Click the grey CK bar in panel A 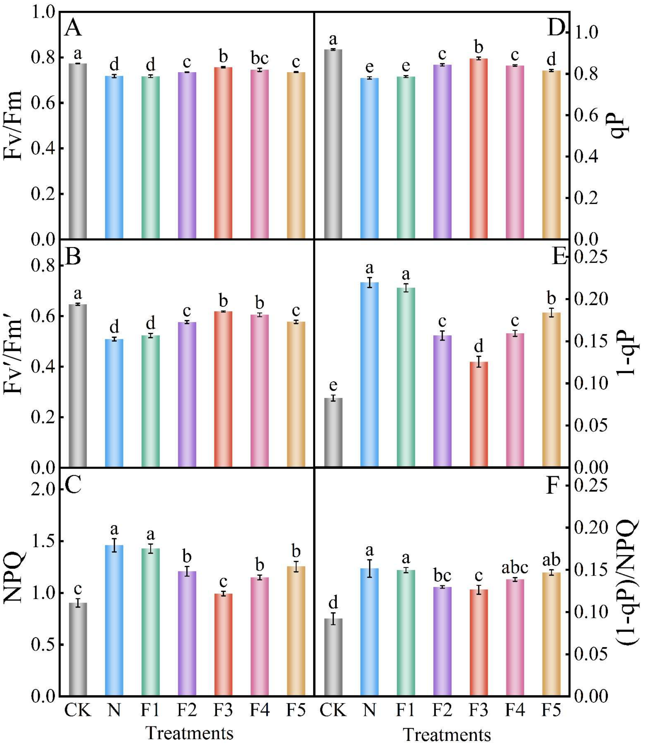78,151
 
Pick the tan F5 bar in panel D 551,155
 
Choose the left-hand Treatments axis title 189,732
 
